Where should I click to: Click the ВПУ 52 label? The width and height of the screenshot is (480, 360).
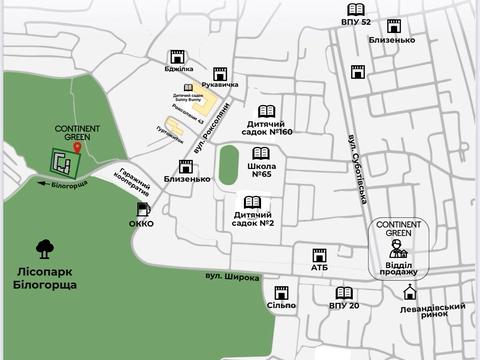click(x=355, y=21)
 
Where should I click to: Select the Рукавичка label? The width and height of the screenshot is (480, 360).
click(x=220, y=85)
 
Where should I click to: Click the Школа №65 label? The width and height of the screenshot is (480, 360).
click(x=261, y=169)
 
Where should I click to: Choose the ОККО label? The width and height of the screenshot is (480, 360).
click(x=141, y=224)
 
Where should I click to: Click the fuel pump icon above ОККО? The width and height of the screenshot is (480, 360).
click(x=143, y=209)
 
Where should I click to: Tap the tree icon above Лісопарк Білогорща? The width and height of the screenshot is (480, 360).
click(x=44, y=247)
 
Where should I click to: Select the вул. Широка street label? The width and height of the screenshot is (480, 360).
click(x=233, y=277)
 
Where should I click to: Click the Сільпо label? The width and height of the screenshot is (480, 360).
click(x=281, y=305)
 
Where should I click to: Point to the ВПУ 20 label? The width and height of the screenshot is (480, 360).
click(x=344, y=305)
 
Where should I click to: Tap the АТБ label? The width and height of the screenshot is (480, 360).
click(x=319, y=268)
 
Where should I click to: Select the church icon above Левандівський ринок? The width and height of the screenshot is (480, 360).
click(x=409, y=292)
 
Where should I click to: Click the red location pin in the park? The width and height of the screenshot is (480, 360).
click(x=77, y=147)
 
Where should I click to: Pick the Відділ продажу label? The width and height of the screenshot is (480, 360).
click(x=398, y=271)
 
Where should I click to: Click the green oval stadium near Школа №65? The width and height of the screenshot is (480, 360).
click(x=228, y=164)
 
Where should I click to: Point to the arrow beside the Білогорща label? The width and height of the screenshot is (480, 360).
click(x=43, y=184)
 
